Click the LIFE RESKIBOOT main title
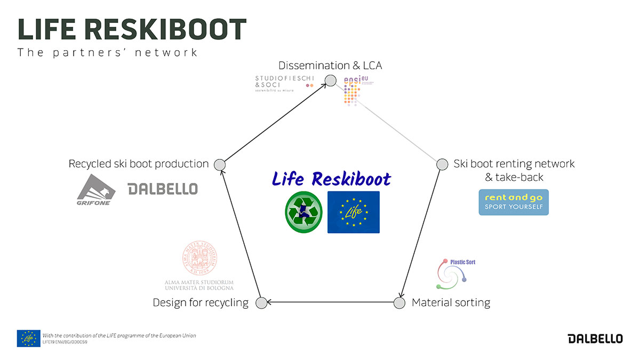click(132, 29)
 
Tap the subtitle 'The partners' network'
click(108, 52)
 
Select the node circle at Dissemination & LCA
click(331, 81)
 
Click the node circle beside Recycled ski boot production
click(219, 164)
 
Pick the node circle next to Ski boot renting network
click(442, 164)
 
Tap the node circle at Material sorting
click(399, 303)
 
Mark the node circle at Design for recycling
click(261, 303)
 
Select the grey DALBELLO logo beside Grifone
click(163, 189)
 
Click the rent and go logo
click(514, 202)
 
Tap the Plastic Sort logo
click(454, 273)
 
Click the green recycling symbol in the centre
click(303, 212)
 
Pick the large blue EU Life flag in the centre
click(353, 212)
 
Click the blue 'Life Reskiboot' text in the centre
click(331, 179)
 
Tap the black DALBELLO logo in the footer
click(595, 339)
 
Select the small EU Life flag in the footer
click(28, 338)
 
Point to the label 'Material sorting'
click(451, 303)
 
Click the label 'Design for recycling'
click(201, 303)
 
